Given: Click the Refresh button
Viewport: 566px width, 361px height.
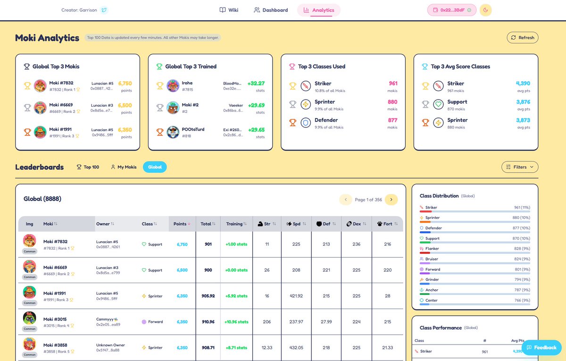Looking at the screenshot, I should pyautogui.click(x=522, y=38).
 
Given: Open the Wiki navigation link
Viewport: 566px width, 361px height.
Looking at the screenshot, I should pyautogui.click(x=229, y=10).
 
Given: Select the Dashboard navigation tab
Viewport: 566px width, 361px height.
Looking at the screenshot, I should pyautogui.click(x=271, y=10).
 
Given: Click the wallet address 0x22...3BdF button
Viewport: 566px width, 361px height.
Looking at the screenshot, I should pyautogui.click(x=452, y=10).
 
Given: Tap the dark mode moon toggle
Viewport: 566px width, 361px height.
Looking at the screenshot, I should pyautogui.click(x=485, y=10).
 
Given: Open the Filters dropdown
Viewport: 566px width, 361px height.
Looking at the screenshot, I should pyautogui.click(x=519, y=167).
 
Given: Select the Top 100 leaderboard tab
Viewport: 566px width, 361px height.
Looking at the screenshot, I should pyautogui.click(x=88, y=167).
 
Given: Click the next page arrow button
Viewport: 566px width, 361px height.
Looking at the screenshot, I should pyautogui.click(x=391, y=200).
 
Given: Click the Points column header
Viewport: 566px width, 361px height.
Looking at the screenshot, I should pyautogui.click(x=182, y=224).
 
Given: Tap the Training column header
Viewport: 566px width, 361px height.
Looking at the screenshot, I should pyautogui.click(x=236, y=224).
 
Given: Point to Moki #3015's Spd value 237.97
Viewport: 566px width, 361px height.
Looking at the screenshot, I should pyautogui.click(x=297, y=322).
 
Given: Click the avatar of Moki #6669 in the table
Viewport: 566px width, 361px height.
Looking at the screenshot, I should pyautogui.click(x=30, y=267).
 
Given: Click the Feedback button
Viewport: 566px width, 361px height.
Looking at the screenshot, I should pyautogui.click(x=541, y=347).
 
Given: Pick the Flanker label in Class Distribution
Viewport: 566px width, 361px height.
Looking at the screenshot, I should pyautogui.click(x=432, y=249).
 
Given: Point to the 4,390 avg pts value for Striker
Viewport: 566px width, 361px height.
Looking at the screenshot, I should pyautogui.click(x=523, y=84).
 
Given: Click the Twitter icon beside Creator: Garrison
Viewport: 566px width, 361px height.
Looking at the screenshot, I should pyautogui.click(x=104, y=10).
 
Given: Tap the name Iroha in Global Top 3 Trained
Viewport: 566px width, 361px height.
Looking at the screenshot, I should pyautogui.click(x=187, y=83).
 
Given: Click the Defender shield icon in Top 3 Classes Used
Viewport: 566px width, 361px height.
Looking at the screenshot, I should pyautogui.click(x=306, y=123).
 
